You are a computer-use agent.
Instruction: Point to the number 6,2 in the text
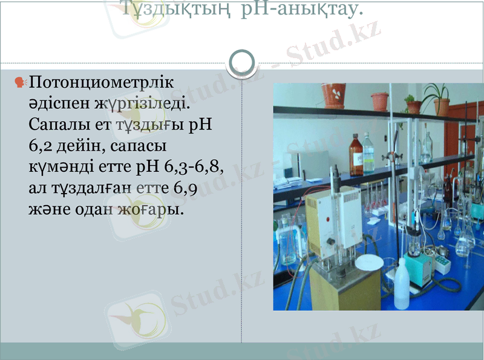(x=43, y=146)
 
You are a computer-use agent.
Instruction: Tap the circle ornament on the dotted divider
(x=243, y=62)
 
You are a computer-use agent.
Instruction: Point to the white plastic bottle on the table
(x=402, y=284)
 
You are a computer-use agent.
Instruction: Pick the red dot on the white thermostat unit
(x=330, y=218)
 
